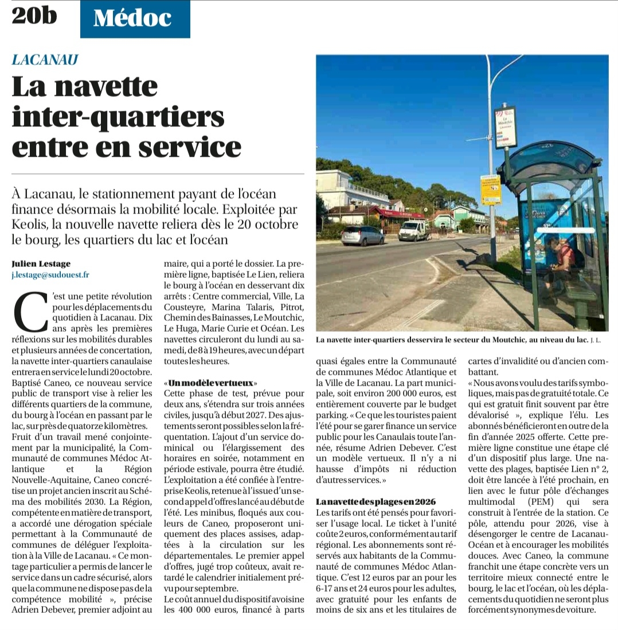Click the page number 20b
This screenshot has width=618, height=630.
pos(34,15)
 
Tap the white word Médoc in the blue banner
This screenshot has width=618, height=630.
pos(132,18)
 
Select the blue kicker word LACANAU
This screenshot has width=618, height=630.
pos(45,60)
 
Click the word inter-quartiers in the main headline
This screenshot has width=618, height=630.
pos(118,116)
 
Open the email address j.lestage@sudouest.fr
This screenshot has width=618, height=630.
pos(50,275)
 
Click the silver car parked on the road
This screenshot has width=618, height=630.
pos(362,235)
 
